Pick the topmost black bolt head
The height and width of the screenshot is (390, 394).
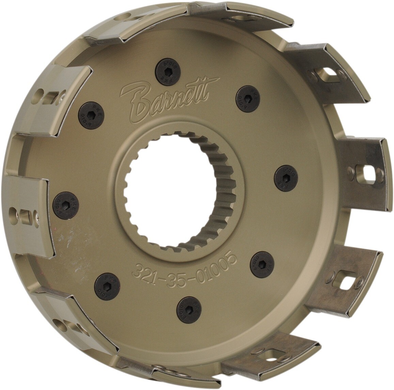coord(167,72)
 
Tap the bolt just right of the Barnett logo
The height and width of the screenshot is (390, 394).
coord(248,98)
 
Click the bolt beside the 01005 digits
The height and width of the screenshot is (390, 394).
coord(263,264)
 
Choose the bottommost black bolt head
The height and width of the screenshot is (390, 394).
coord(189,308)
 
